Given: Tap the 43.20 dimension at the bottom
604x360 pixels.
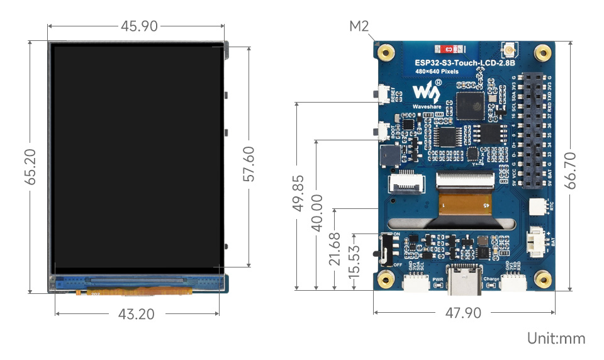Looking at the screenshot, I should pos(136,313).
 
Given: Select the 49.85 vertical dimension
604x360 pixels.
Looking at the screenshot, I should pos(299,193).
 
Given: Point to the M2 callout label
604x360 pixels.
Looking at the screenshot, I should pos(359,26).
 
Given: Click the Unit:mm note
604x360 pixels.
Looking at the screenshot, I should pos(556,338).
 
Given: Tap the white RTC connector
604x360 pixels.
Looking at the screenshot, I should pos(537,206).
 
